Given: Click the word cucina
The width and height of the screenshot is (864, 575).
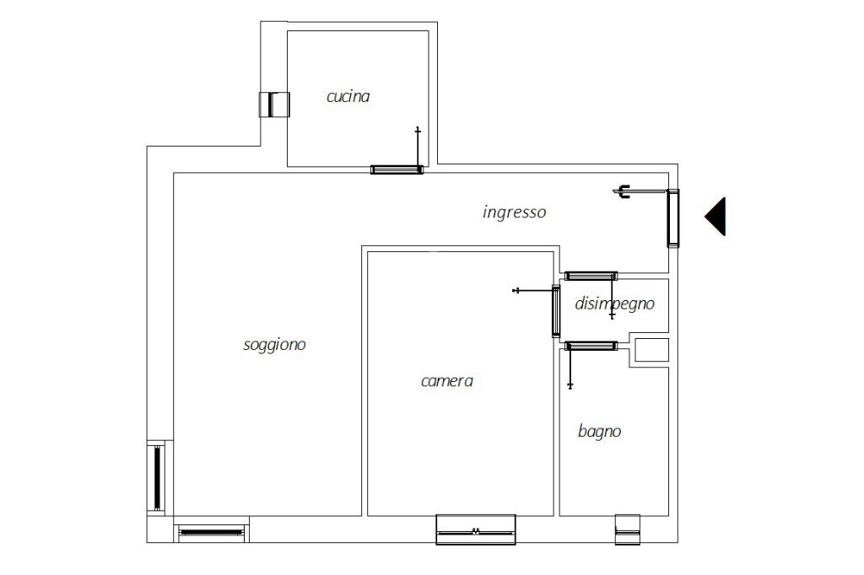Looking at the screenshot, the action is [348, 97].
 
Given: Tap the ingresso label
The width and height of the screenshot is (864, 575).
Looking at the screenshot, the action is [514, 212].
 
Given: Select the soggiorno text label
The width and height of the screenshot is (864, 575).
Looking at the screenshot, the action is [274, 345].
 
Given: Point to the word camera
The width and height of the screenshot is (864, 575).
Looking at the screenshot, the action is [447, 381].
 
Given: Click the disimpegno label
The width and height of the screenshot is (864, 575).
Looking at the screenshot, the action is [614, 304].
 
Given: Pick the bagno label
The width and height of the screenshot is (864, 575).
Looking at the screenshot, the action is [600, 432].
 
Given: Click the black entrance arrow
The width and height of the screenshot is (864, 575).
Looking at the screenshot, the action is [715, 217].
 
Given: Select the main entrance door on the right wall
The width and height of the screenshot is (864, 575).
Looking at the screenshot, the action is [672, 218].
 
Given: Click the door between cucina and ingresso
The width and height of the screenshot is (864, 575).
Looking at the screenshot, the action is [397, 169].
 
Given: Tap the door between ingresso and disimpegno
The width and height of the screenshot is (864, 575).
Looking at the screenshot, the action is [591, 276].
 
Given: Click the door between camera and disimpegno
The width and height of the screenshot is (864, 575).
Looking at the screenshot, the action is [556, 311].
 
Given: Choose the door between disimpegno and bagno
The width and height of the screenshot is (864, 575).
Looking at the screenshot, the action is [591, 346].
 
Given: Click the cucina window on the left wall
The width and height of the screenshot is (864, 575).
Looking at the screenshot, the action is [274, 105].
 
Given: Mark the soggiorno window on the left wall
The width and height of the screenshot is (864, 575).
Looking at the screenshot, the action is [157, 478].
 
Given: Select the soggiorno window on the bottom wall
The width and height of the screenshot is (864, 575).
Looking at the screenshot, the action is [212, 533].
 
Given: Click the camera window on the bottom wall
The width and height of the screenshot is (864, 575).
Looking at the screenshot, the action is [476, 529].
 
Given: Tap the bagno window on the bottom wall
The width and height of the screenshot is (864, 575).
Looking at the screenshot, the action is [628, 529].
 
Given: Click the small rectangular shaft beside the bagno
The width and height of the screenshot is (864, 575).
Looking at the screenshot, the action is [652, 350].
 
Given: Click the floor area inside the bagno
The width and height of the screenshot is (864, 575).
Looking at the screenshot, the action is [614, 468].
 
